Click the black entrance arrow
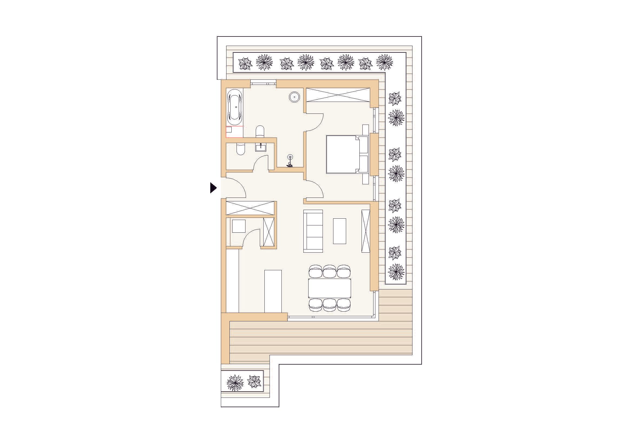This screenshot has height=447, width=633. [x=213, y=188]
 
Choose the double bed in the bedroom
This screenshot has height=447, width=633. [x=343, y=154]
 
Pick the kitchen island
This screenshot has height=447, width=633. [x=273, y=291]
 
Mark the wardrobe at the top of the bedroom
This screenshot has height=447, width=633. [x=338, y=95]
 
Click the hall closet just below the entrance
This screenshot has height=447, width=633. [x=250, y=208]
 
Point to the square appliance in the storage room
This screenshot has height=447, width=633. [x=239, y=226]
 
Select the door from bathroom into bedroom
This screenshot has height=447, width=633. [x=314, y=122]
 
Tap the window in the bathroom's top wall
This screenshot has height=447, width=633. [x=263, y=81]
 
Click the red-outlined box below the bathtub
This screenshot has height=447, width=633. [x=234, y=132]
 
